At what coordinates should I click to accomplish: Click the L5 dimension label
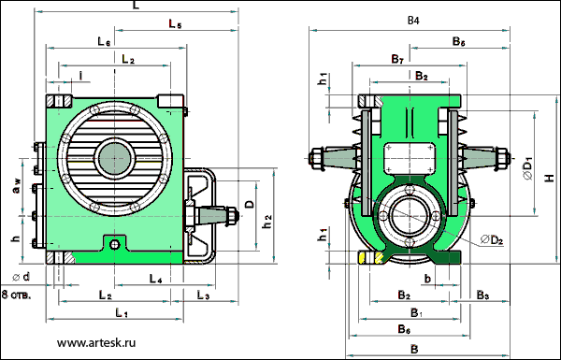tap(176, 24)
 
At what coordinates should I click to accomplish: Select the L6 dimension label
tap(104, 41)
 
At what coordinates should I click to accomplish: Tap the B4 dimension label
tap(413, 21)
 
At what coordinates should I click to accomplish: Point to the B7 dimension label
tap(397, 59)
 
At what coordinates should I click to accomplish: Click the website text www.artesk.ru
tap(96, 343)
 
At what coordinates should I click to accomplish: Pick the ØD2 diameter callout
tap(492, 239)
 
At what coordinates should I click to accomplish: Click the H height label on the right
tap(549, 178)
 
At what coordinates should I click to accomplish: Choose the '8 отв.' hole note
tap(17, 295)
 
